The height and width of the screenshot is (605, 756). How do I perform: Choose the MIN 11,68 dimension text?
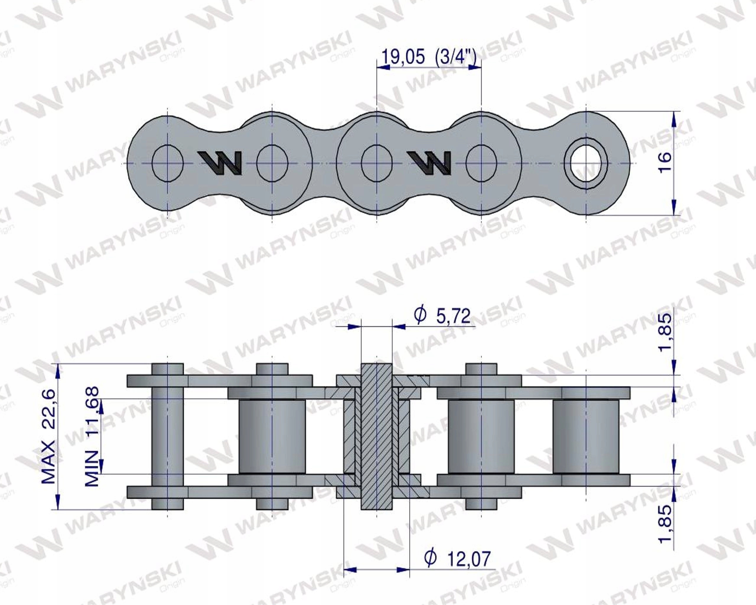click(x=92, y=437)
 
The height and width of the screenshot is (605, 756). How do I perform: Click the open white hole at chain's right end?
click(x=586, y=163)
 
